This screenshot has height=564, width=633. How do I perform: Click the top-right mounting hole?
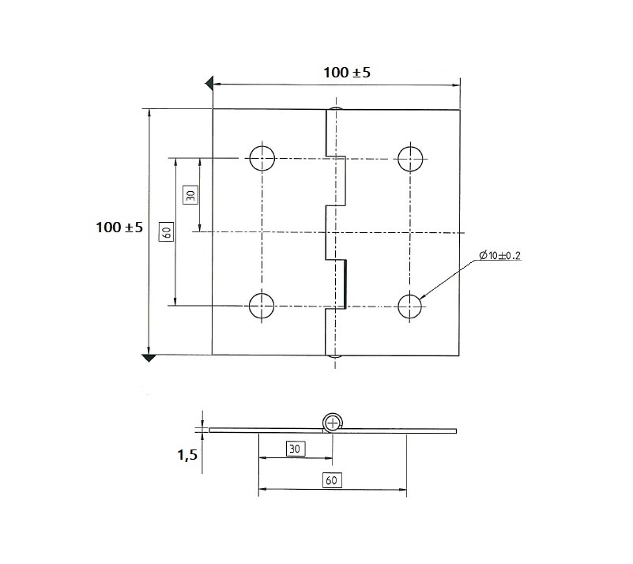click(410, 158)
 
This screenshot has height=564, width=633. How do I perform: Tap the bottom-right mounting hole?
click(410, 305)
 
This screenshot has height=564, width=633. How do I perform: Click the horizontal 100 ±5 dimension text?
click(347, 73)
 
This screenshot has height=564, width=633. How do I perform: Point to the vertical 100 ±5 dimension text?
click(119, 227)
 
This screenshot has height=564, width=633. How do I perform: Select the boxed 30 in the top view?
click(189, 194)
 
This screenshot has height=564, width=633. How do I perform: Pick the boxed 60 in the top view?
click(166, 231)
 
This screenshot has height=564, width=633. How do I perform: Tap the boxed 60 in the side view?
click(331, 479)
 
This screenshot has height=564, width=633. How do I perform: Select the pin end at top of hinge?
click(336, 107)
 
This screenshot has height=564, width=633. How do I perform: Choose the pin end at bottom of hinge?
click(336, 357)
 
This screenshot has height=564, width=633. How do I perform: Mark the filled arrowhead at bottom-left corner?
click(148, 359)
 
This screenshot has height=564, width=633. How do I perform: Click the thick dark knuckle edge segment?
click(345, 283)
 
